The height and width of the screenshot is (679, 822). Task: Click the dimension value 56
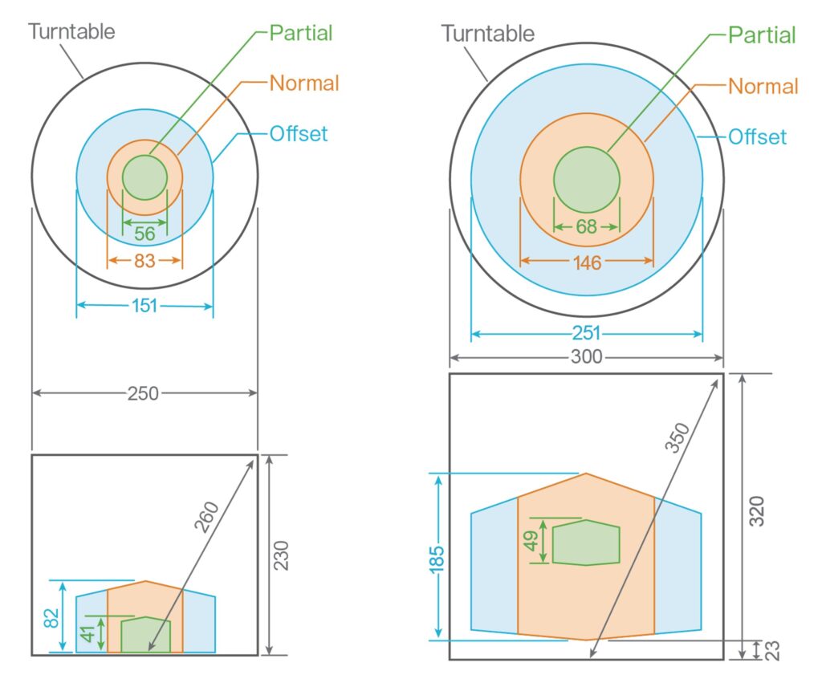point(144,234)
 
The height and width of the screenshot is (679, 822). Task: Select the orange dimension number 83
point(145,261)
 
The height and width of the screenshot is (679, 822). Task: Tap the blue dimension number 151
point(144,306)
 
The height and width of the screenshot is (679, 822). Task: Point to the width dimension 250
point(144,393)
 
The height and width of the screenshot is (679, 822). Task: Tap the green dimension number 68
point(587,227)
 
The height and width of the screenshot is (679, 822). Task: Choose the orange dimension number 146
point(588,262)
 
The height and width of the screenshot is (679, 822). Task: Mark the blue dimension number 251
point(587,334)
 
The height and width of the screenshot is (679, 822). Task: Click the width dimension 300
point(587,358)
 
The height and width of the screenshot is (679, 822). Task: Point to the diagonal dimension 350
point(678,438)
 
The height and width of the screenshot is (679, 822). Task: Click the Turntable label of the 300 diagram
point(488,34)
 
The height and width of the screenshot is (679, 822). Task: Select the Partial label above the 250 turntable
point(301,33)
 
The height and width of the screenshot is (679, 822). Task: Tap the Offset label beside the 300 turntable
point(757,137)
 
